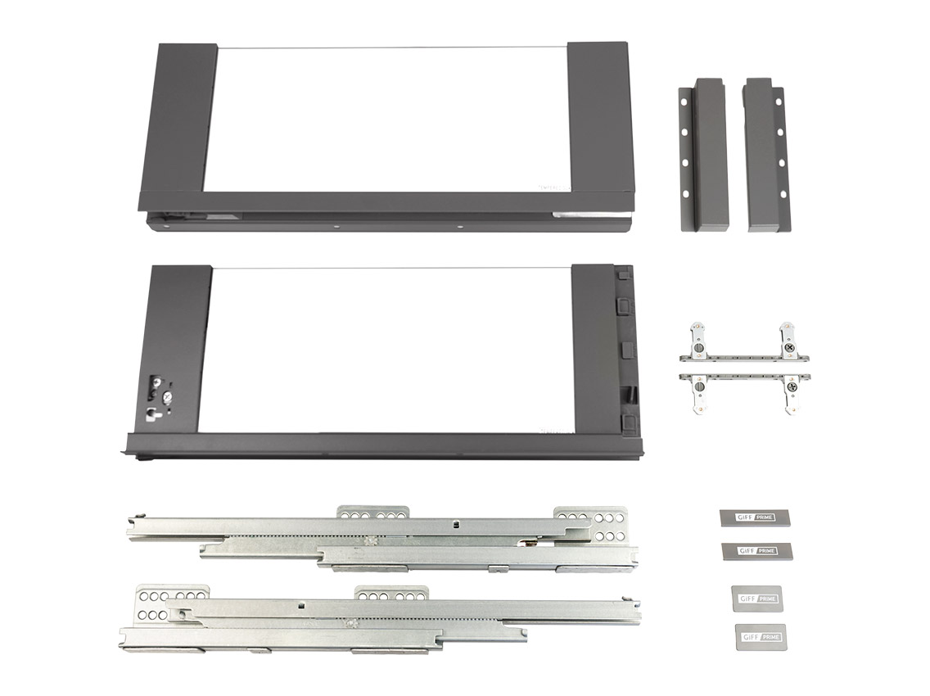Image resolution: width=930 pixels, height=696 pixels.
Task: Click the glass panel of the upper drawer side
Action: tap(391, 119)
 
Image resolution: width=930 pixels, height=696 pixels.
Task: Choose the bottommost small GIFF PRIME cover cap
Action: tap(757, 635)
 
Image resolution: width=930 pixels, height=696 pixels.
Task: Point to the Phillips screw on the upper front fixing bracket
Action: tap(789, 348)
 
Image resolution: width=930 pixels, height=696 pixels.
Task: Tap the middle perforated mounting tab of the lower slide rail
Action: tap(391, 594)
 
